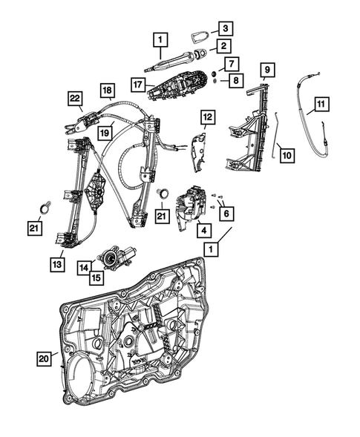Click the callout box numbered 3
click(226, 29)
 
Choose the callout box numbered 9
click(266, 72)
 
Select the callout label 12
click(207, 117)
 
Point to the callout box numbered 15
click(96, 278)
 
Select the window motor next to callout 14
click(118, 257)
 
